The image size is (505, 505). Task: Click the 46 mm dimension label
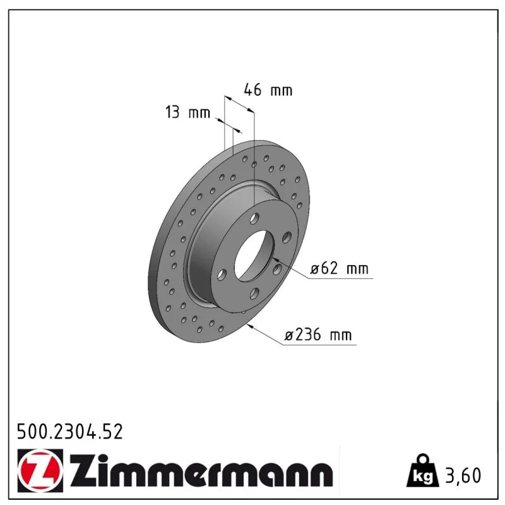(x=268, y=90)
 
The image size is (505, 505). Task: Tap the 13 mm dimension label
(x=187, y=112)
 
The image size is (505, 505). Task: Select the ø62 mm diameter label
(x=339, y=268)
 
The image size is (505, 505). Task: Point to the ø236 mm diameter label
(x=318, y=335)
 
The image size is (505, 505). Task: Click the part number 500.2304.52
(x=70, y=432)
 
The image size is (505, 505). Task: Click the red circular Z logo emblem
(x=40, y=470)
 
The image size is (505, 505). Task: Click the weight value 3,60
(x=463, y=475)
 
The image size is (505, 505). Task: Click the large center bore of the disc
(x=254, y=256)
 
